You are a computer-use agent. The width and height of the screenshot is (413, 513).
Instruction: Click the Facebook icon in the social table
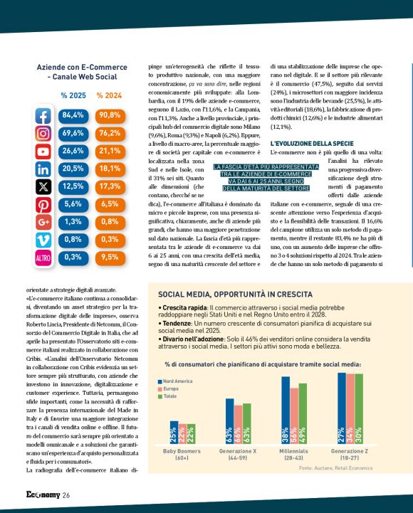point(43,115)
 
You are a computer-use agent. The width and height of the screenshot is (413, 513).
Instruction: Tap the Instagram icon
point(43,133)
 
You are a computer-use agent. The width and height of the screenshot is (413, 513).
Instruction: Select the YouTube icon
point(43,151)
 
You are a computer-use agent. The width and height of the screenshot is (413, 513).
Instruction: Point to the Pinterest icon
point(43,204)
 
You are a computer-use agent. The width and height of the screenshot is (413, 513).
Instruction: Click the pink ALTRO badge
point(43,258)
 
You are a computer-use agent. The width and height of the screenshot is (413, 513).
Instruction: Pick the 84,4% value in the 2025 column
point(73,115)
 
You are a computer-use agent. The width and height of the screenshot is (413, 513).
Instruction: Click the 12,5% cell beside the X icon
point(73,186)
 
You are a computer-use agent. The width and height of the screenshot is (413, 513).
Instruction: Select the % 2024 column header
point(109,95)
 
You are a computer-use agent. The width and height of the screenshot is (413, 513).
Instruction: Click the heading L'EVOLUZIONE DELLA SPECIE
point(308,144)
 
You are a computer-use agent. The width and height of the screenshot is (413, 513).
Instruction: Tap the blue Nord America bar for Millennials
point(286,412)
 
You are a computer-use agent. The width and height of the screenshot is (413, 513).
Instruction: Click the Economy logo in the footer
point(38,495)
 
